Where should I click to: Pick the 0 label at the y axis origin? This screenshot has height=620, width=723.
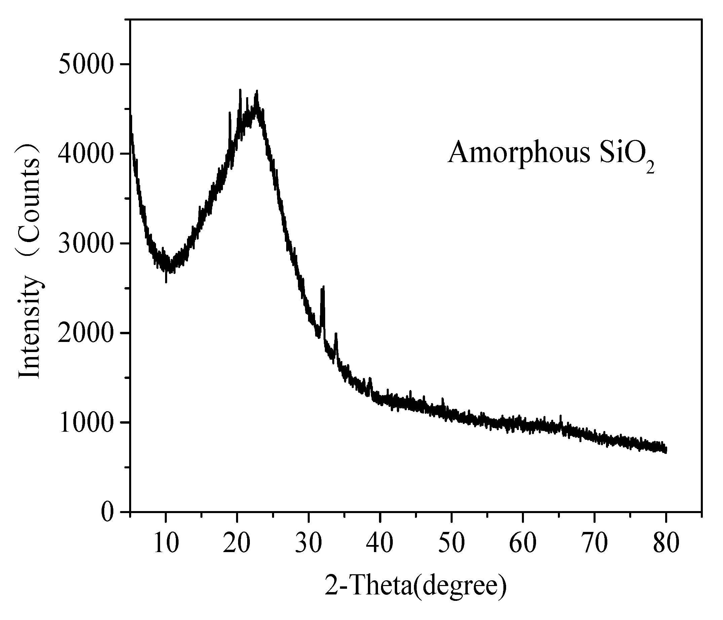pos(107,512)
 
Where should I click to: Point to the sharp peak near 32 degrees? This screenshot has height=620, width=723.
pos(323,288)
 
